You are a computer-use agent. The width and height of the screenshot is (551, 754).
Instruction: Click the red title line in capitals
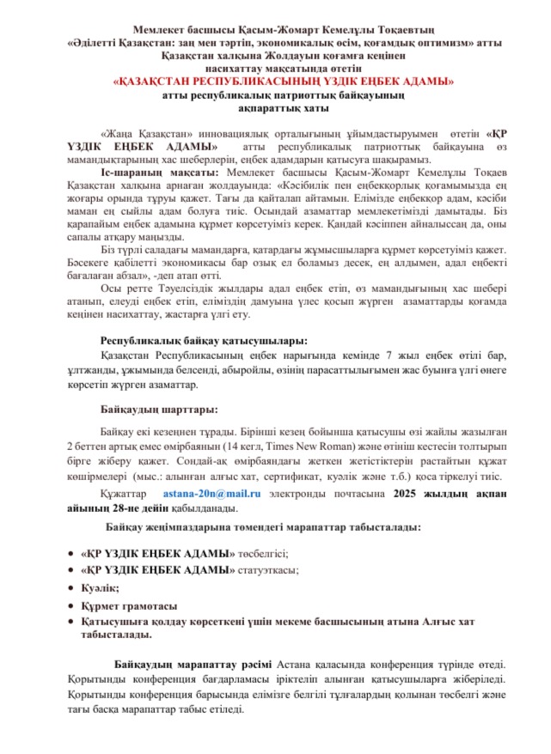pyautogui.click(x=285, y=82)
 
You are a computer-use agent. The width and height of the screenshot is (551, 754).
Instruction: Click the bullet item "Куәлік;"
pyautogui.click(x=100, y=587)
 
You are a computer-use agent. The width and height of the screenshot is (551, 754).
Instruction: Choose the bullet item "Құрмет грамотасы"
pyautogui.click(x=130, y=606)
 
